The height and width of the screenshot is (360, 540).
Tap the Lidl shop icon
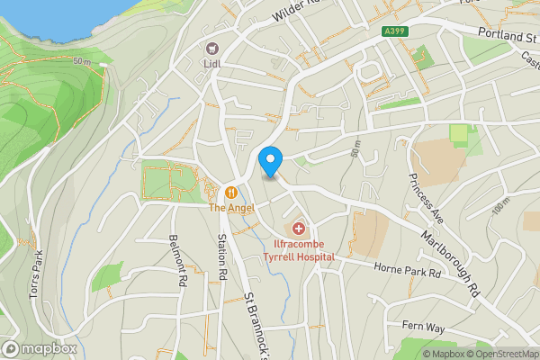pyautogui.click(x=213, y=48)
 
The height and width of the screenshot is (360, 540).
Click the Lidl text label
pyautogui.click(x=213, y=64)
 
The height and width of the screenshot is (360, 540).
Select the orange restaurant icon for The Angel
pyautogui.click(x=231, y=191)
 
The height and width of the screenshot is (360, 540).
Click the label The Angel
pyautogui.click(x=231, y=208)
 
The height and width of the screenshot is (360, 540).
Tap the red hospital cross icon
pyautogui.click(x=299, y=229)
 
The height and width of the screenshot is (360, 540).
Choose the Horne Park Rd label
pyautogui.click(x=409, y=269)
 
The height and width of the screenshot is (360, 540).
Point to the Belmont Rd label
pyautogui.click(x=177, y=261)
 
